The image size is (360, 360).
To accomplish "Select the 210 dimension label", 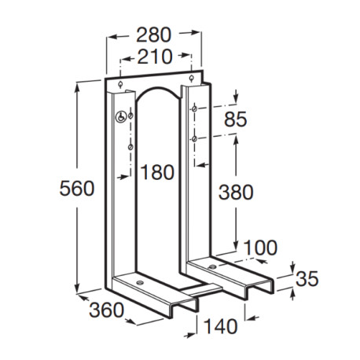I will tap(154, 58).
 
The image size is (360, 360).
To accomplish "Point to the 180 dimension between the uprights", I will tap(159, 172).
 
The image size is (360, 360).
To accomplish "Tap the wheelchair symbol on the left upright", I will tap(119, 117).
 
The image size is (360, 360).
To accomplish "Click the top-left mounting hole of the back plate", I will tap(117, 85).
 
